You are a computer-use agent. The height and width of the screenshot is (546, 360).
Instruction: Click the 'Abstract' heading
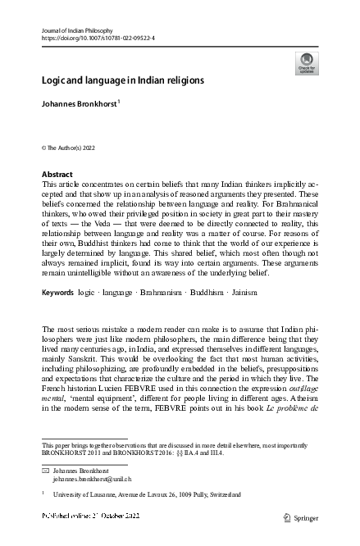tap(57, 175)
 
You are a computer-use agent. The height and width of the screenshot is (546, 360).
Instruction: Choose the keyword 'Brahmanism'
tap(135, 292)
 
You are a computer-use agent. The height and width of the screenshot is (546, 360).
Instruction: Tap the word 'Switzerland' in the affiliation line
tap(222, 495)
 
